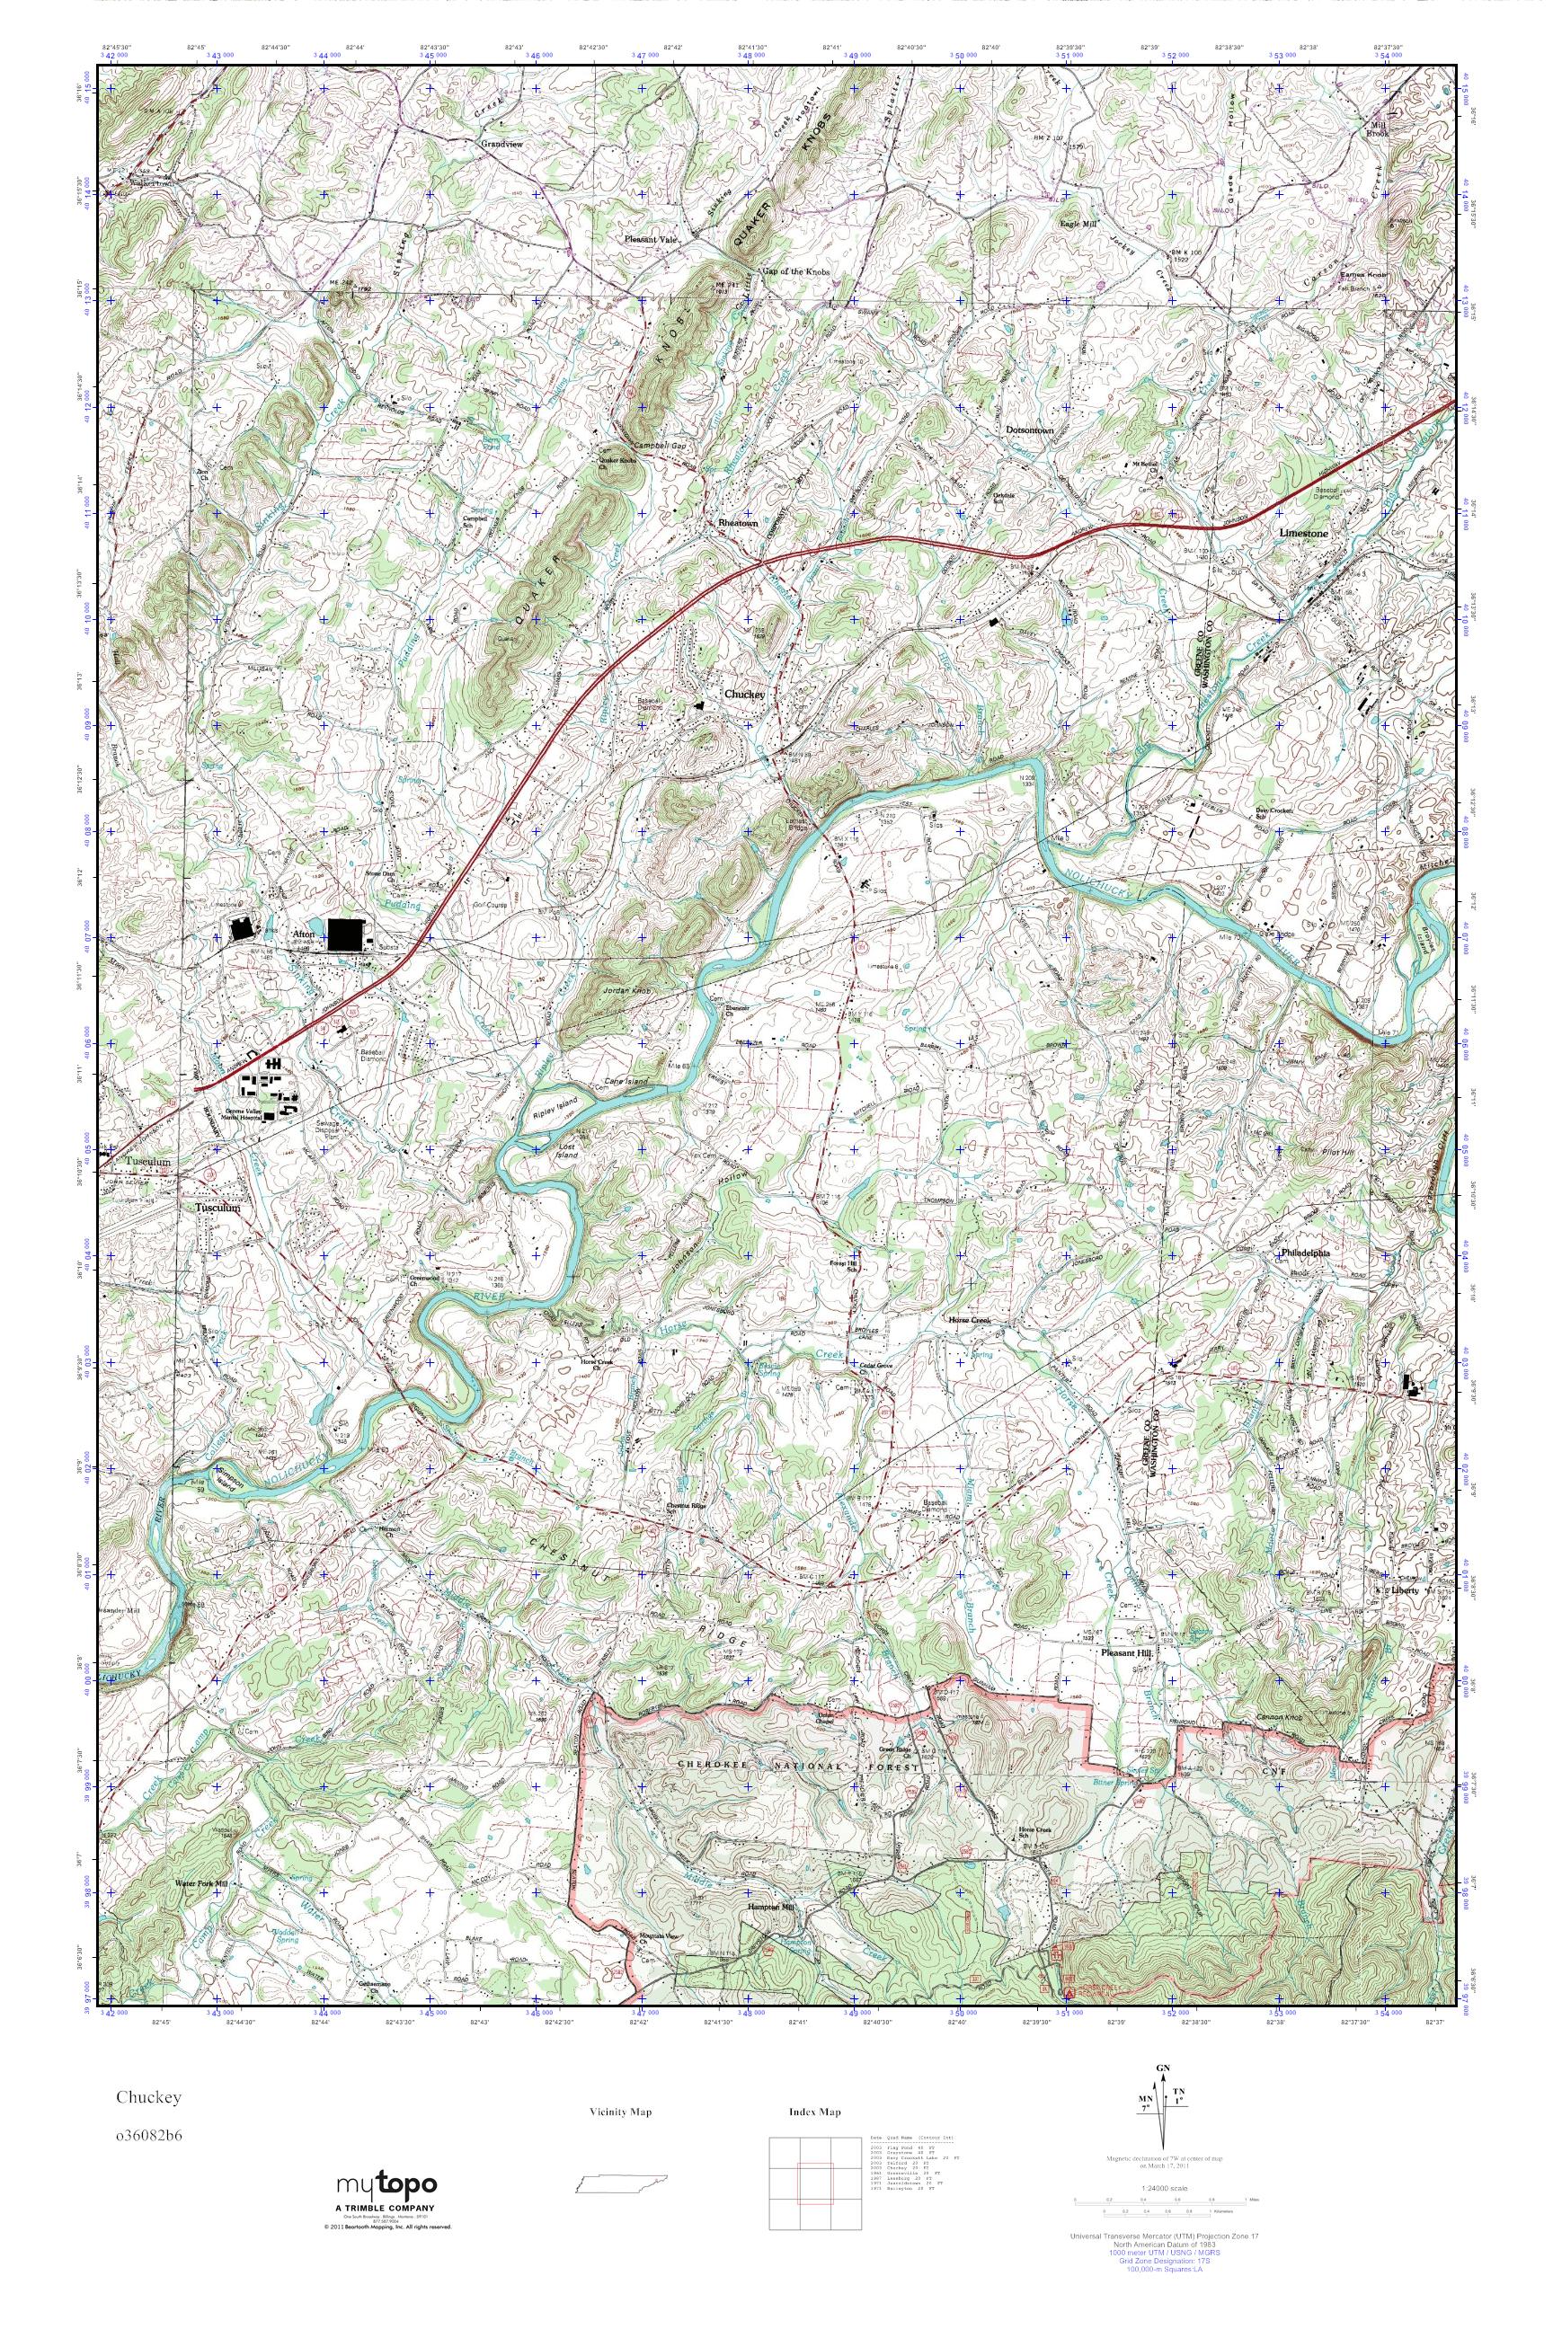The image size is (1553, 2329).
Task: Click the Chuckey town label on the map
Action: [x=744, y=695]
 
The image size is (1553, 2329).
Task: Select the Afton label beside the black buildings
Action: [x=303, y=934]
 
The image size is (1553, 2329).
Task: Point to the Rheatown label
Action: [x=737, y=523]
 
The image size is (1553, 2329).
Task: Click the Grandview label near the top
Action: [x=501, y=143]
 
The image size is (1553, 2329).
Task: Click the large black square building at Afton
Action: [x=343, y=934]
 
